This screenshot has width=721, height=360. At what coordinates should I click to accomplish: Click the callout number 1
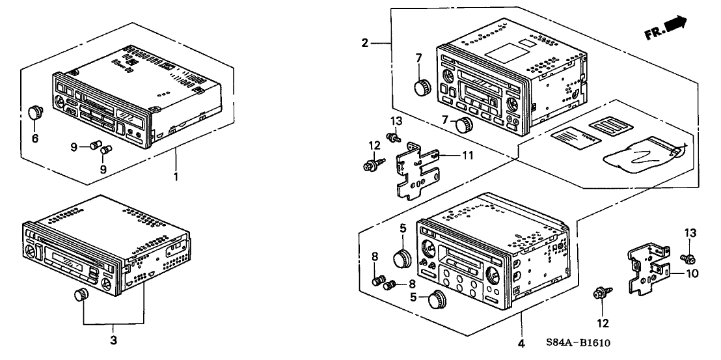pyautogui.click(x=176, y=176)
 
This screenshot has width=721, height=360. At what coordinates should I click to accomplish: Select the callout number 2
pyautogui.click(x=365, y=43)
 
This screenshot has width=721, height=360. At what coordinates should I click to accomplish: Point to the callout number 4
pyautogui.click(x=521, y=343)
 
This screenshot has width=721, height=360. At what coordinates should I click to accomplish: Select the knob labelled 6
pyautogui.click(x=35, y=113)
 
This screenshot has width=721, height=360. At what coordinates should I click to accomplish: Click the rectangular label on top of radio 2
pyautogui.click(x=508, y=49)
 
